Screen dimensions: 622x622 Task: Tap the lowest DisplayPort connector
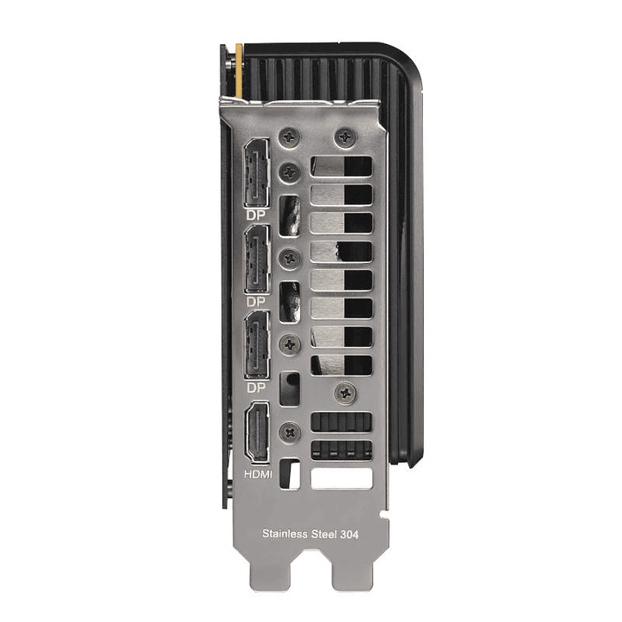click(x=257, y=344)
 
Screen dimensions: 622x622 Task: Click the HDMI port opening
click(x=258, y=433)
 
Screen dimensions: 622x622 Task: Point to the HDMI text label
click(x=258, y=475)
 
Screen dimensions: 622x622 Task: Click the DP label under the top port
click(x=255, y=213)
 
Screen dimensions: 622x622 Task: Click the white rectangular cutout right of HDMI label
click(x=341, y=478)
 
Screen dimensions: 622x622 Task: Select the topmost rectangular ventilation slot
click(x=340, y=167)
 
